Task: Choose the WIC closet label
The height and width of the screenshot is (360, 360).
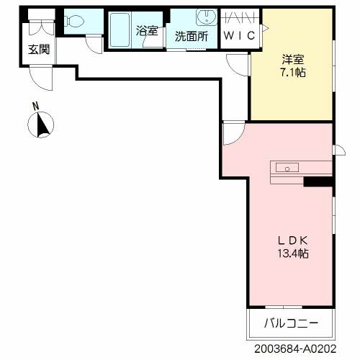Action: click(239, 36)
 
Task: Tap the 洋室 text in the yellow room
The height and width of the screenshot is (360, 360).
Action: click(292, 60)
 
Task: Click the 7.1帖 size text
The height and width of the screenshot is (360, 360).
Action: click(292, 73)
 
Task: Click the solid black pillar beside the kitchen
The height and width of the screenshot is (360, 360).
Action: click(317, 181)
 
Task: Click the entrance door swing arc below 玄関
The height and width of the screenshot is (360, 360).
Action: click(42, 78)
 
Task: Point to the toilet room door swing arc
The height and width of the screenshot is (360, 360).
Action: click(93, 42)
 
